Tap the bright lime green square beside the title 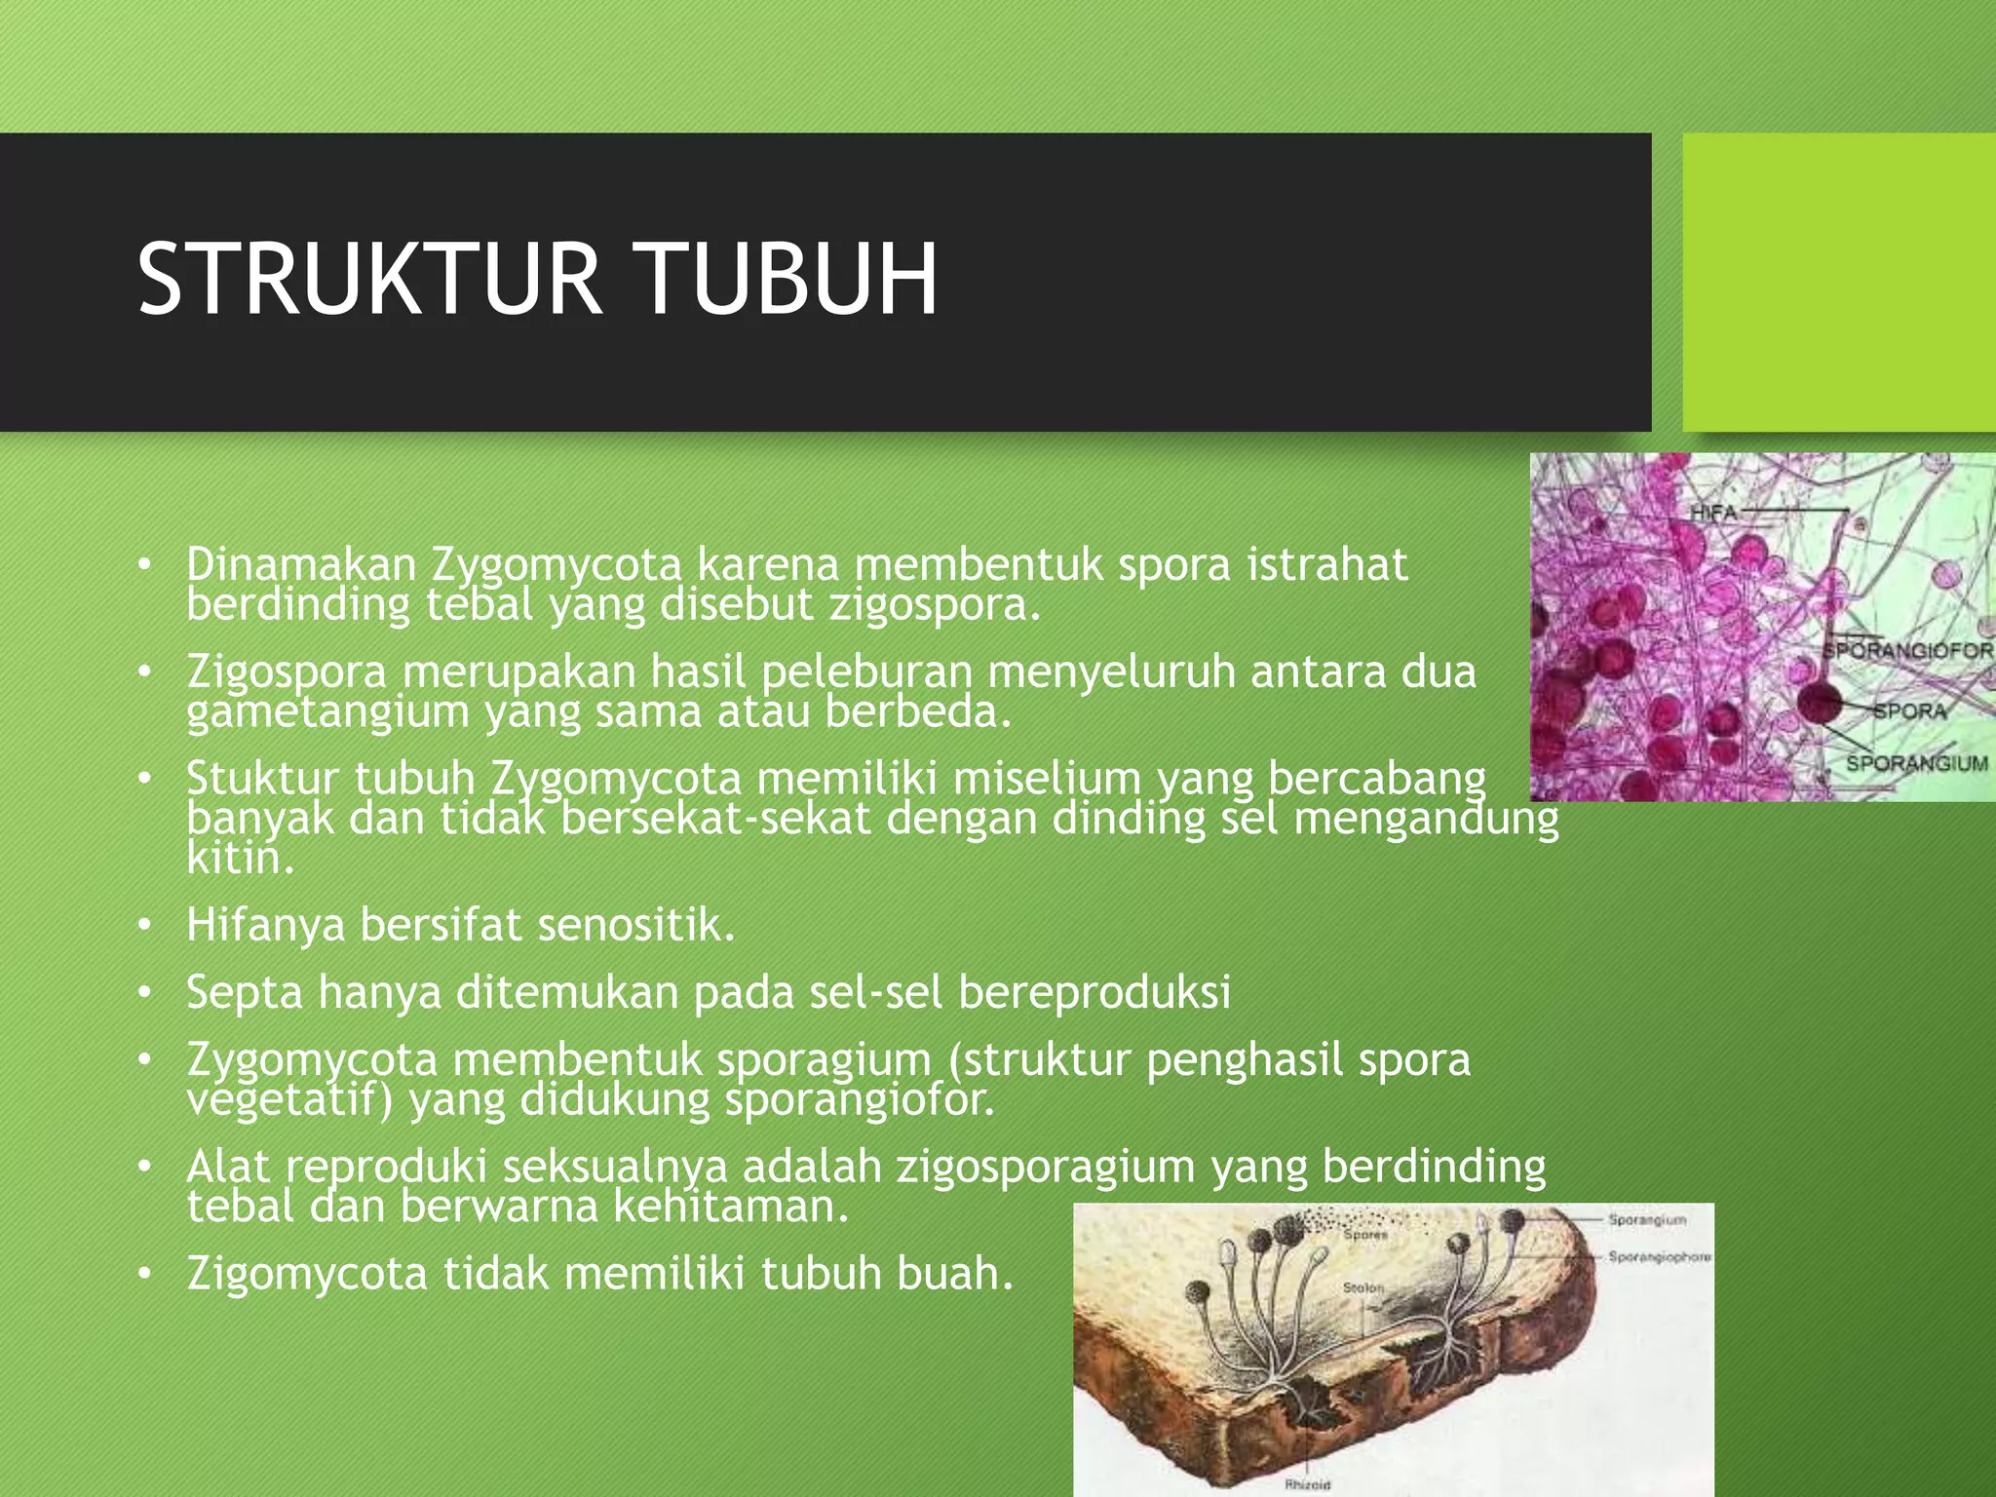click(x=1839, y=282)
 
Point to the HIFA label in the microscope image click(x=1714, y=512)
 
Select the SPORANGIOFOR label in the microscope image click(x=1908, y=650)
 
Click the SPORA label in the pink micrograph click(x=1911, y=711)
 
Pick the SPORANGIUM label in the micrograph click(x=1917, y=764)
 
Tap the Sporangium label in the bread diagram click(x=1647, y=1219)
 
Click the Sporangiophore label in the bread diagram click(x=1660, y=1257)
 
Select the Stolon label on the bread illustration click(x=1363, y=1288)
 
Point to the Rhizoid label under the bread click(x=1308, y=1484)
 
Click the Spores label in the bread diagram click(x=1365, y=1235)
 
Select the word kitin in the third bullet click(x=240, y=858)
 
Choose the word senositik click(x=636, y=924)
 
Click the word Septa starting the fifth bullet click(x=245, y=993)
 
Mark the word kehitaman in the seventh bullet click(x=731, y=1207)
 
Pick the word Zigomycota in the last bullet click(x=307, y=1274)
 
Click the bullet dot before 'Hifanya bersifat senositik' click(x=145, y=926)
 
